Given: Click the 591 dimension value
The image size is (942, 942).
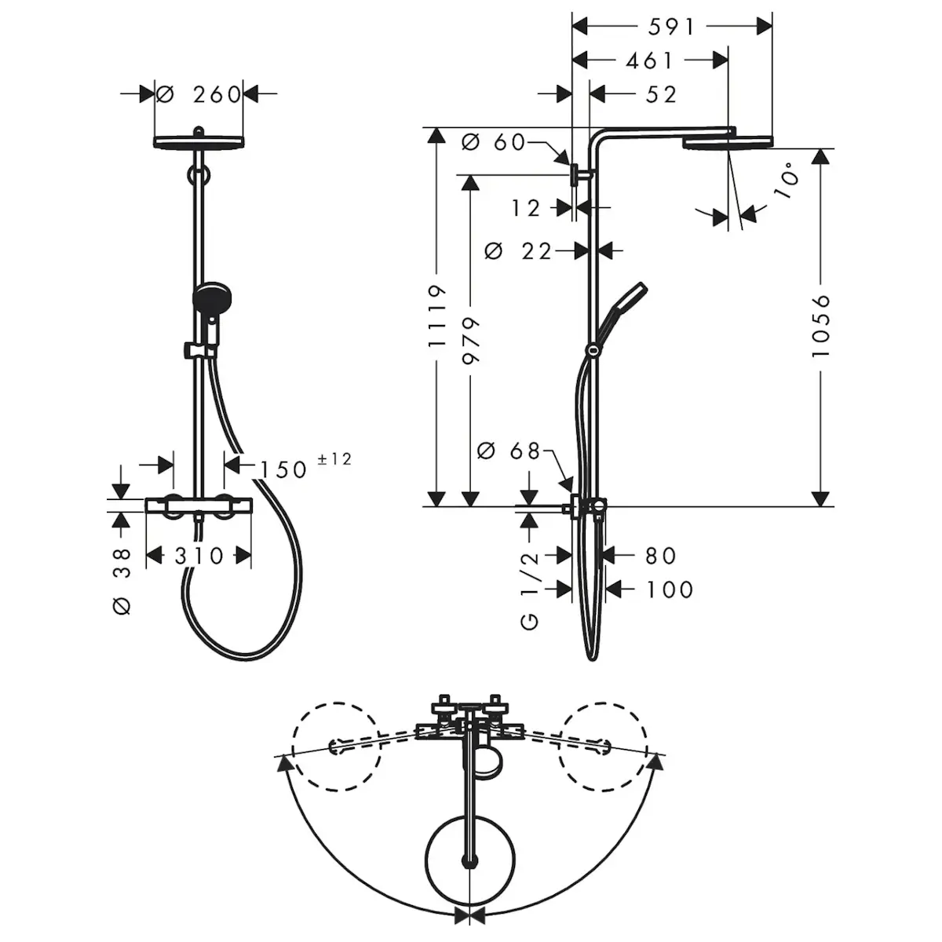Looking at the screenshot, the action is (x=670, y=27).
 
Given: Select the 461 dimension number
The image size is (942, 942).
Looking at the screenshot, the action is (x=649, y=60).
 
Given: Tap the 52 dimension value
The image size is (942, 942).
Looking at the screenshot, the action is (x=661, y=94).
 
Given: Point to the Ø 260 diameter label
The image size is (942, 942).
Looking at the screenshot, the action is (x=199, y=94).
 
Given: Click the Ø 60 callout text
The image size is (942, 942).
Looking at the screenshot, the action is (x=493, y=142).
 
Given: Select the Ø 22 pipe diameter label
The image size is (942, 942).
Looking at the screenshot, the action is (x=517, y=251).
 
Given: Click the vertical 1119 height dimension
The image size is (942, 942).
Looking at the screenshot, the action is (x=437, y=316).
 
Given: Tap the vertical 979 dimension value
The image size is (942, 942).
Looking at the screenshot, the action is (x=471, y=340).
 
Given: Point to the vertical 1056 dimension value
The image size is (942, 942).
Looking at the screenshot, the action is (x=821, y=326).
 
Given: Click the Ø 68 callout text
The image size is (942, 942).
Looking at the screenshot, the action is (x=508, y=451).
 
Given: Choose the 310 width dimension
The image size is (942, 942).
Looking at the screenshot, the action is (x=199, y=556).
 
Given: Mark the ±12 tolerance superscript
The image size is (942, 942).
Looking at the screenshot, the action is (x=335, y=459).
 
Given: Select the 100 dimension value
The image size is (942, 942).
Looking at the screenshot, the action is (x=670, y=590).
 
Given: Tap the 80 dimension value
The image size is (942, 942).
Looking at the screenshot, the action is (x=660, y=555).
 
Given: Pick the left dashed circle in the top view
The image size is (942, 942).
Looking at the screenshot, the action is (x=336, y=747).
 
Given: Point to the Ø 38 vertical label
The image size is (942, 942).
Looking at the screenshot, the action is (x=122, y=581).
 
